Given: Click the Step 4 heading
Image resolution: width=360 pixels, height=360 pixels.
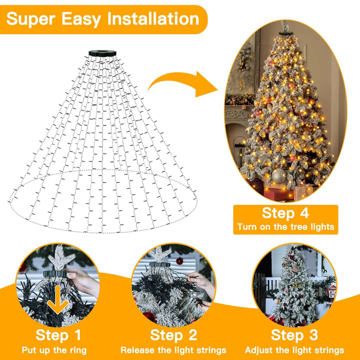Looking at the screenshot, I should point(285,213).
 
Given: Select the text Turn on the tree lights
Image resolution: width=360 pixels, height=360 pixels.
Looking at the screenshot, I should point(285,226).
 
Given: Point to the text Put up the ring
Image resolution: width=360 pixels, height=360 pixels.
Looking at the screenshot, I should point(54,350).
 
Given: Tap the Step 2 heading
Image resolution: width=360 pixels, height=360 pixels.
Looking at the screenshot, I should point(173,334).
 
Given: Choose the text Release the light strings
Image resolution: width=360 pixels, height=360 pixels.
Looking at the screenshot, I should point(173,350).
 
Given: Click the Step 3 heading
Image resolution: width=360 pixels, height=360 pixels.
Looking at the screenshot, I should point(294,334).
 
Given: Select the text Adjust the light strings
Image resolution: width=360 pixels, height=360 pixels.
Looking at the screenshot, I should point(294,350).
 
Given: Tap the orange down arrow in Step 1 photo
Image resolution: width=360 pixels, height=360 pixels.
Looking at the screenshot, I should point(59,298).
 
